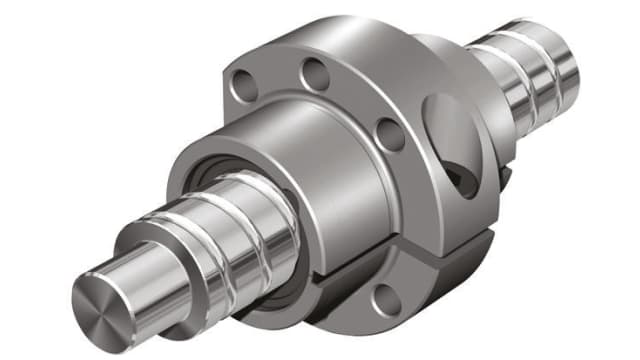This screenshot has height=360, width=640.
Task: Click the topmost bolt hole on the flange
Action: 317,72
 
